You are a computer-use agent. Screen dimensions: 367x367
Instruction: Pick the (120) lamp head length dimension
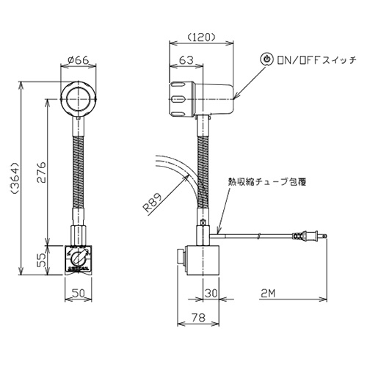(202, 36)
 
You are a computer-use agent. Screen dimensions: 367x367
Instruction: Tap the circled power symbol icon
(267, 59)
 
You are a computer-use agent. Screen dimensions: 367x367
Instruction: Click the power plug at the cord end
(313, 236)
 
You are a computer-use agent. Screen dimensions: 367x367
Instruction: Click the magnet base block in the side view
(200, 261)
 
